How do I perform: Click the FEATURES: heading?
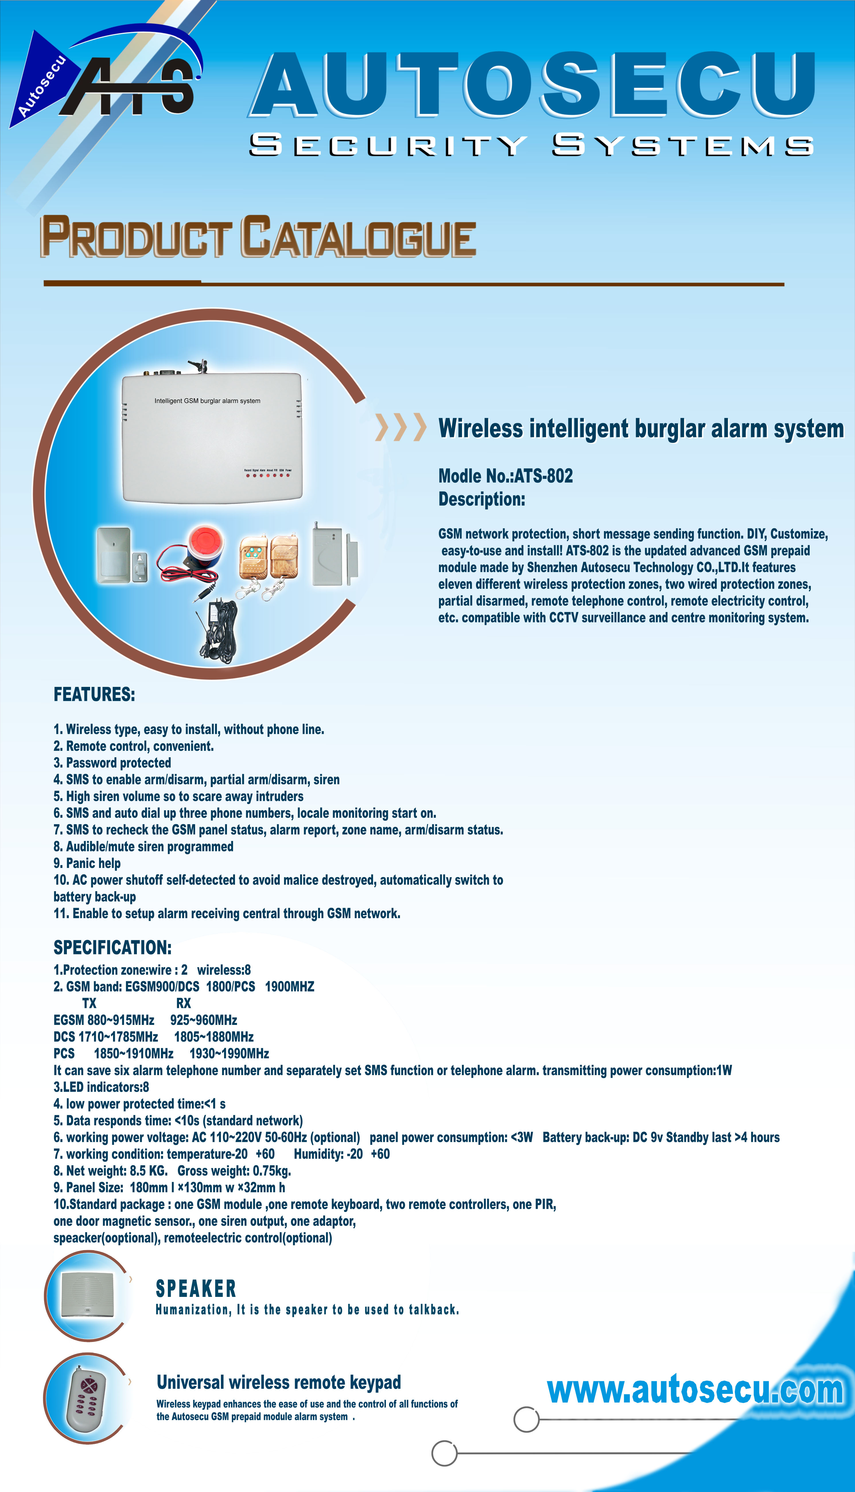(x=94, y=695)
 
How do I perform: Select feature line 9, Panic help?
(x=87, y=863)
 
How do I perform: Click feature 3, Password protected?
(x=112, y=763)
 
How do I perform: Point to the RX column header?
(x=183, y=1003)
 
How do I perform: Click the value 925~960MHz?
(x=204, y=1020)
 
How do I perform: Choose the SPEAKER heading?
(x=196, y=1289)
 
